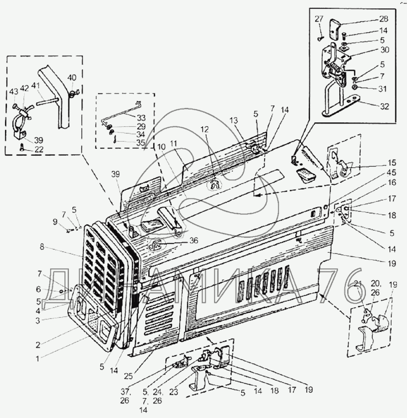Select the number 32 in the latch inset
coord(385,106)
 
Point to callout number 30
coord(385,50)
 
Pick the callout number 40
coord(72,78)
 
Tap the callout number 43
coord(13,91)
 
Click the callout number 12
coord(204,130)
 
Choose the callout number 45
coord(392,172)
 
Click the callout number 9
coord(54,222)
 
